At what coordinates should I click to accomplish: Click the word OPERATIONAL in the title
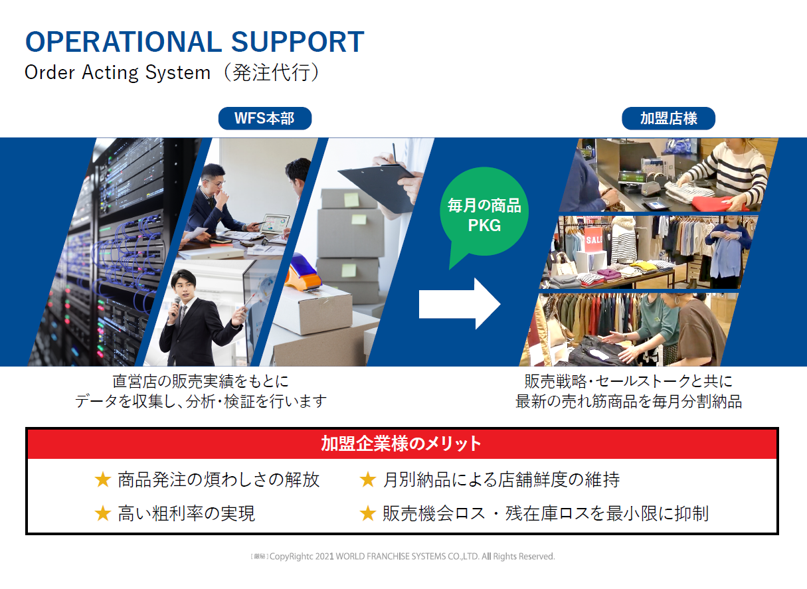[x=124, y=42]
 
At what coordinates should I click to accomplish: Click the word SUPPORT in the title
[x=298, y=42]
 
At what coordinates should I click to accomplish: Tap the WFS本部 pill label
[x=265, y=118]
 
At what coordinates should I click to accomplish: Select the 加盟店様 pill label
[x=668, y=118]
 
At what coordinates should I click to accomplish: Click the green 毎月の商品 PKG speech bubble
[x=484, y=212]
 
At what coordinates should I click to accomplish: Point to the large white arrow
[x=460, y=303]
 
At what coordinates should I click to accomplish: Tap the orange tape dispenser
[x=304, y=273]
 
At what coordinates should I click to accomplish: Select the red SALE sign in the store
[x=593, y=239]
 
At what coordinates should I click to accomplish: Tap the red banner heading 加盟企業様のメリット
[x=401, y=444]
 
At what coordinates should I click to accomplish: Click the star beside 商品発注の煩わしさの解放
[x=103, y=480]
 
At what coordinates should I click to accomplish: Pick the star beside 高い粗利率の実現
[x=103, y=513]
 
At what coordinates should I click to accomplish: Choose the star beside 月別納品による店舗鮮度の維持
[x=368, y=480]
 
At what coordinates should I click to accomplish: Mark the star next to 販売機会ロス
[x=368, y=513]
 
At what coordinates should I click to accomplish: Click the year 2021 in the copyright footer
[x=325, y=556]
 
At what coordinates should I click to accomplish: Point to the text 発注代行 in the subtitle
[x=271, y=73]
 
